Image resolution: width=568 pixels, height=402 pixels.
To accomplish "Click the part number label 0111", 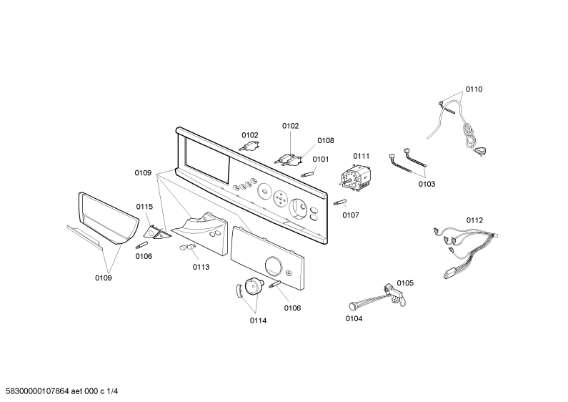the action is pos(361,156).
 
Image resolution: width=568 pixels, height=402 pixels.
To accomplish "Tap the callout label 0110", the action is pos(474,89).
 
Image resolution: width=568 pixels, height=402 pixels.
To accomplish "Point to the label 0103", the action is pos(427,184).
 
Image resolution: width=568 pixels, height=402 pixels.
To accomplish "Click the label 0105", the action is pos(405,283).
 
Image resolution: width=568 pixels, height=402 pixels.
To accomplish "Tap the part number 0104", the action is pos(354,318).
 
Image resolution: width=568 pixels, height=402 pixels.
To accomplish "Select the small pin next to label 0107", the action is pos(340,202).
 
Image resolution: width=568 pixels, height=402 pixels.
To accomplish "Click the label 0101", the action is pos(321,160).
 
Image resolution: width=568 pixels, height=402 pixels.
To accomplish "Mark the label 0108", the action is pos(326,141).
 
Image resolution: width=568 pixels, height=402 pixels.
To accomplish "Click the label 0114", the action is pos(258,320).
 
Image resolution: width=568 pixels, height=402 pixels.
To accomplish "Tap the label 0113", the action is pos(201,268).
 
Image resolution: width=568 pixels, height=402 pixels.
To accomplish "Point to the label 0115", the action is pos(144,207).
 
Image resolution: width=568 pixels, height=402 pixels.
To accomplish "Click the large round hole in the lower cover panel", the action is pos(274,265).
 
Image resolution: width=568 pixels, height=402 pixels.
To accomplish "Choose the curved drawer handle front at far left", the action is pos(109,217).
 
